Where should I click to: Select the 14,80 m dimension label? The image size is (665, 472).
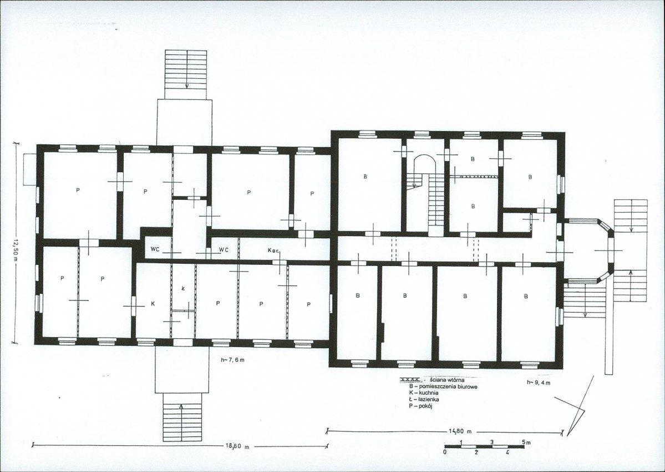tap(460, 431)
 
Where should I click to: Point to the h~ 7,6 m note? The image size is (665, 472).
tap(232, 360)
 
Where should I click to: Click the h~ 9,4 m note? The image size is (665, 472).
tap(539, 383)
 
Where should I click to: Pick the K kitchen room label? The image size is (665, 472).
tap(153, 304)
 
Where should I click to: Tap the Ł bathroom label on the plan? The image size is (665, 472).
tap(183, 288)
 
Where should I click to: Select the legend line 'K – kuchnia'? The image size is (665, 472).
tap(424, 393)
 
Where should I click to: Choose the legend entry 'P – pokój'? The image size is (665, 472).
tap(420, 406)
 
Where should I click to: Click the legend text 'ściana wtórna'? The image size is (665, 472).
tap(446, 380)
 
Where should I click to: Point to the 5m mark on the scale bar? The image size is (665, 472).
tap(527, 442)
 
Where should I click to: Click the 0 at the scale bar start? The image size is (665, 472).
tap(445, 453)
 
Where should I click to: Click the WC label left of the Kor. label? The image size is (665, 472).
tap(224, 250)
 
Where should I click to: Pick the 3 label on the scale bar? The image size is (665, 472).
tap(492, 442)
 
